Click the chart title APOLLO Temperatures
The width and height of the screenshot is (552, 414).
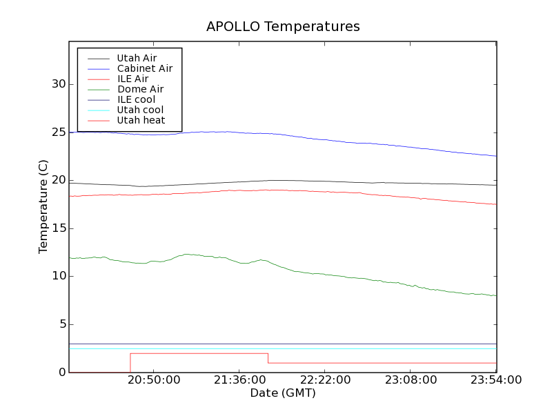coord(283,27)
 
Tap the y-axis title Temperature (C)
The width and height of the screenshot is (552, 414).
coord(43,206)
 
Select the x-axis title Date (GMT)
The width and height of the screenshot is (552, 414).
coord(283,393)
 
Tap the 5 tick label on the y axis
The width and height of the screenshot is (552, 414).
coord(61,324)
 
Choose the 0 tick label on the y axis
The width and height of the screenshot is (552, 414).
coord(61,373)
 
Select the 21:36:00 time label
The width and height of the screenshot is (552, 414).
coord(239,380)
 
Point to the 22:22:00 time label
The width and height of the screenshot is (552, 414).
coord(325,380)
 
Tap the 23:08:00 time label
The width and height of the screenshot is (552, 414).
coord(411,380)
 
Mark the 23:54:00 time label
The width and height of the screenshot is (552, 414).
coord(496,380)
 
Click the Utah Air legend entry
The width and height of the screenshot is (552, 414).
coord(137,58)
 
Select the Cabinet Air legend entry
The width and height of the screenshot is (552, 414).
coord(144,68)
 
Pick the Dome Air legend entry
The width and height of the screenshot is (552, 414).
coord(140,89)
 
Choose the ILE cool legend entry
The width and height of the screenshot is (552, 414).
coord(136,99)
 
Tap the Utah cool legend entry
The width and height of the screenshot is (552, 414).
coord(140,110)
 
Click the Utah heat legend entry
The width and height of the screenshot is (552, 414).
coord(140,120)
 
